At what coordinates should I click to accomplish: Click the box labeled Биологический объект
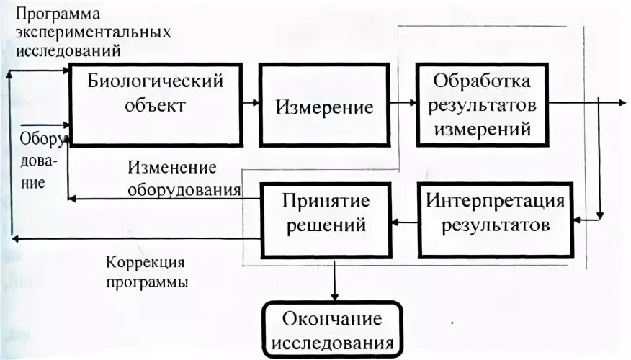coord(156,104)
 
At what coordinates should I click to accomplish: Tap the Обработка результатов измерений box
coord(480,104)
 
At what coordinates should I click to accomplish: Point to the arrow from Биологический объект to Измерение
coord(251,103)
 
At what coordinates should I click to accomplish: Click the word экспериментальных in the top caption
coord(93,33)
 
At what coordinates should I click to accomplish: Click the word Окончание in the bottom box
coord(332,319)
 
